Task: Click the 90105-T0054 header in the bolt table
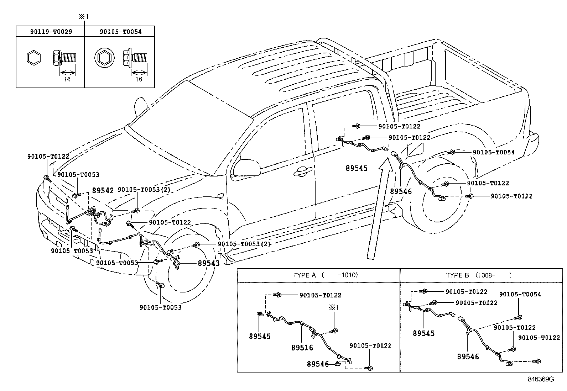[x=120, y=32]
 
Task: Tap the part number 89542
[x=103, y=190]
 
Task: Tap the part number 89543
[x=209, y=263]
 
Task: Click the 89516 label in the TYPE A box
[x=302, y=348]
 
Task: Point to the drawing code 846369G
[x=541, y=379]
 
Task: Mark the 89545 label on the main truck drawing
[x=357, y=168]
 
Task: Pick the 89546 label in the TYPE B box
[x=468, y=356]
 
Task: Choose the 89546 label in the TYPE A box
[x=318, y=364]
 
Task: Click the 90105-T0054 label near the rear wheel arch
[x=493, y=152]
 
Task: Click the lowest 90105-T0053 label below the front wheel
[x=160, y=307]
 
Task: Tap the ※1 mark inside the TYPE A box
[x=333, y=307]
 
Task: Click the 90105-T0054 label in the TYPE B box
[x=520, y=294]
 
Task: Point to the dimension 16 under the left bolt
[x=67, y=79]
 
